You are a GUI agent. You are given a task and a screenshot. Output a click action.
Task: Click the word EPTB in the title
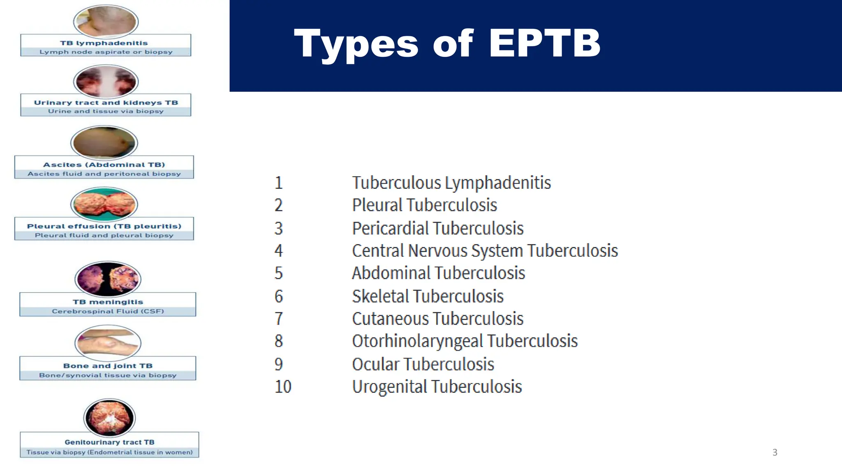tap(544, 43)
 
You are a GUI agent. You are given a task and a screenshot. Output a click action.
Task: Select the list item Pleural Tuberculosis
tap(424, 205)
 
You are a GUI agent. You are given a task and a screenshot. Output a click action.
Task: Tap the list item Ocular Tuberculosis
tap(423, 364)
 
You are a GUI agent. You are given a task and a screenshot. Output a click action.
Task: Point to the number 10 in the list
tap(283, 387)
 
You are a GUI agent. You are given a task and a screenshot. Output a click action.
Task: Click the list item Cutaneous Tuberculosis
tap(437, 319)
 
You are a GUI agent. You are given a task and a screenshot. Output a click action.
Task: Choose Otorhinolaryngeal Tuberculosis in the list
tap(465, 341)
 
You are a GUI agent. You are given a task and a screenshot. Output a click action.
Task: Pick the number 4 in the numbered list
tap(279, 251)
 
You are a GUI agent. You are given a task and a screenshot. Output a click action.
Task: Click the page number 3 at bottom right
tap(775, 453)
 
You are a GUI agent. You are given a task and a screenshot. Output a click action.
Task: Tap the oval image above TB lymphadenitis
tap(106, 21)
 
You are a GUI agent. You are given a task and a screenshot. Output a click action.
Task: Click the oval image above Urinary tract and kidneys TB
tap(106, 81)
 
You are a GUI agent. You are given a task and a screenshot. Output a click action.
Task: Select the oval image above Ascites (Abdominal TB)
tap(104, 142)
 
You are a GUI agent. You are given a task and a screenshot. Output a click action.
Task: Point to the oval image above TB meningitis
tap(108, 279)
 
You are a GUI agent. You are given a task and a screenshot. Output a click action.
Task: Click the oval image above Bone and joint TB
tap(108, 342)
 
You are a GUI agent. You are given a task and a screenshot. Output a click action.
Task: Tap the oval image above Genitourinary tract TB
tap(109, 417)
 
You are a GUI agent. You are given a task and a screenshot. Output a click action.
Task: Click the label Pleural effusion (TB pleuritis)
tap(104, 226)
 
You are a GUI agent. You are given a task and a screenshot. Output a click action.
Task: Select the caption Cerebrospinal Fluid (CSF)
tap(108, 311)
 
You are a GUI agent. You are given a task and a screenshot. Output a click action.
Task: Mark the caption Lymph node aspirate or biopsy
tap(106, 52)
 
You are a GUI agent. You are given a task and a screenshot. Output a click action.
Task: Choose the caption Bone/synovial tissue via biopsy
tap(108, 375)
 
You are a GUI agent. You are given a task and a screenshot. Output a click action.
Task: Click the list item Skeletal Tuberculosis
tap(428, 296)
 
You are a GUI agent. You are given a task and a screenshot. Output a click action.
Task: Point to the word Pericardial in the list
tap(390, 228)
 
